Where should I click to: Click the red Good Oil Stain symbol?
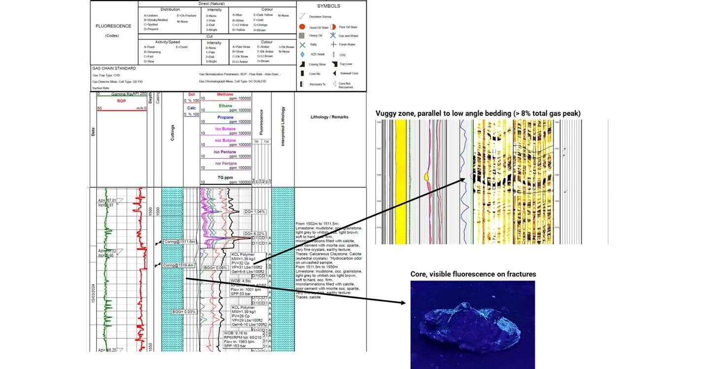click(x=302, y=27)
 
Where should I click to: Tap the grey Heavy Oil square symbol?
click(x=302, y=35)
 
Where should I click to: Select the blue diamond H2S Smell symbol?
click(x=302, y=54)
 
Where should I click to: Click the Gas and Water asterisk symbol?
click(x=333, y=35)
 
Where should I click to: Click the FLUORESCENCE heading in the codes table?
click(x=113, y=26)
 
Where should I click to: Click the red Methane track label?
click(x=225, y=94)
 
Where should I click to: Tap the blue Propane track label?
click(x=225, y=118)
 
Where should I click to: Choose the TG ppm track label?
click(x=225, y=177)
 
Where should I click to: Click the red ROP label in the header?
click(x=121, y=101)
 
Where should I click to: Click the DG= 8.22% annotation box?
click(x=255, y=234)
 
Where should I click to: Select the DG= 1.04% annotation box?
click(x=255, y=212)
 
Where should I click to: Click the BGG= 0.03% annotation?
click(x=184, y=312)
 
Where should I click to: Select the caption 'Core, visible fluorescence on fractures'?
click(x=473, y=274)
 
